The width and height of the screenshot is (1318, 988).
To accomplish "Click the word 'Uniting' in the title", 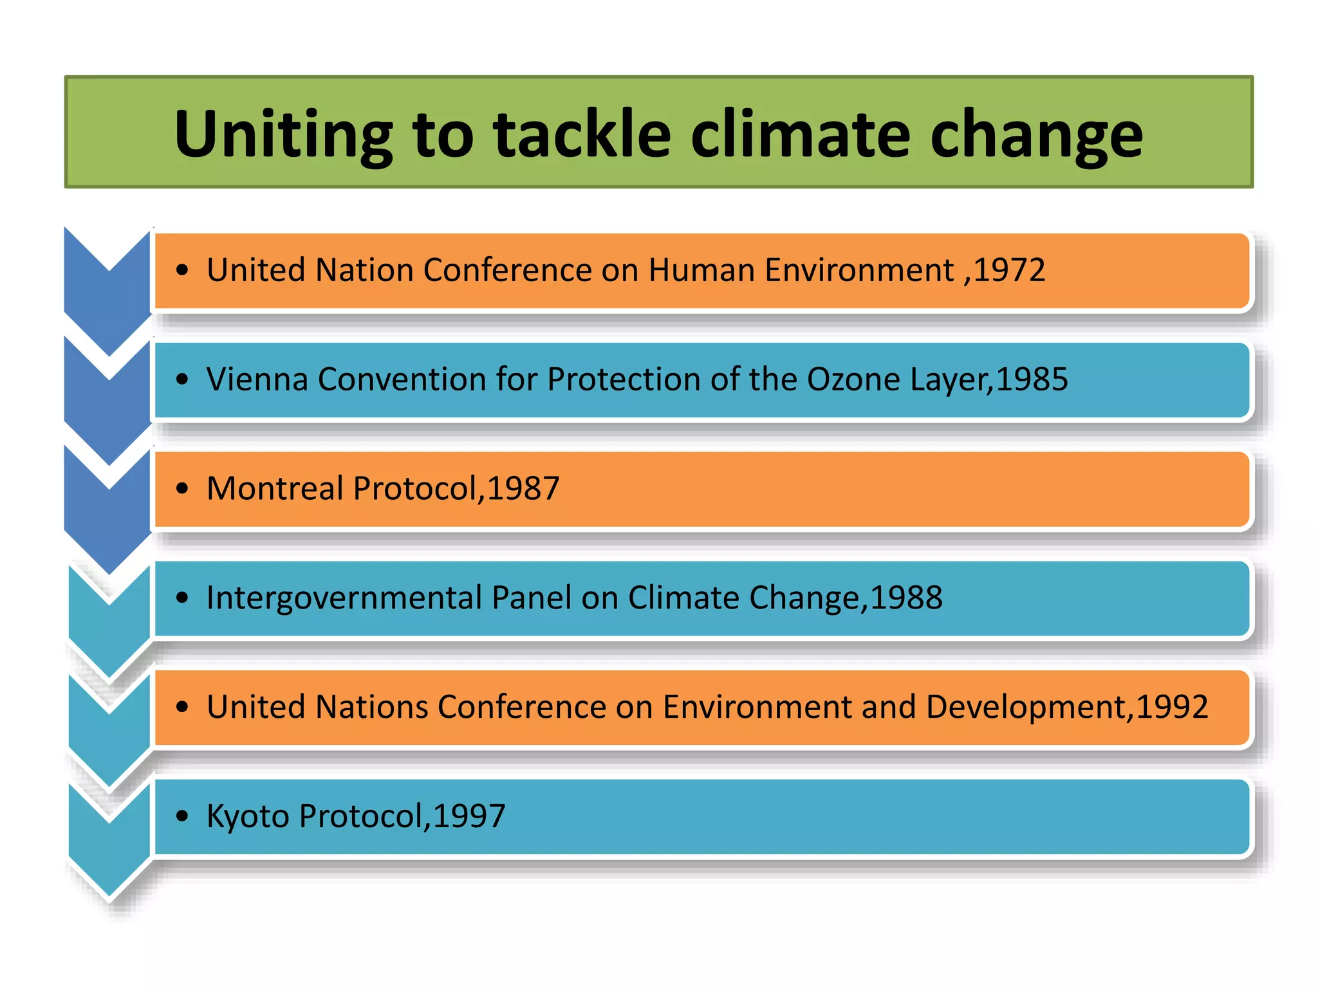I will (283, 134).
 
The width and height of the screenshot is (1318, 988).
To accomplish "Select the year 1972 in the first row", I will (1008, 270).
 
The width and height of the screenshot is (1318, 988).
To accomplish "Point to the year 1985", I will (1032, 380).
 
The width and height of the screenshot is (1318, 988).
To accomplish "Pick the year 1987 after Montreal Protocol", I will (523, 489).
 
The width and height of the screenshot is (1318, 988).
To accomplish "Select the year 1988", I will (906, 598).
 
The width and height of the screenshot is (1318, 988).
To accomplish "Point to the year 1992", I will (1173, 708).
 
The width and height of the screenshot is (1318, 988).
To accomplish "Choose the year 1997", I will (469, 817).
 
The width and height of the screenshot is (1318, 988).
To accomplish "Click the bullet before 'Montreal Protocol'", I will (182, 489).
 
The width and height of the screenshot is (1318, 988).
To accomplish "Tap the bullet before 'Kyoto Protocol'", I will (182, 818).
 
